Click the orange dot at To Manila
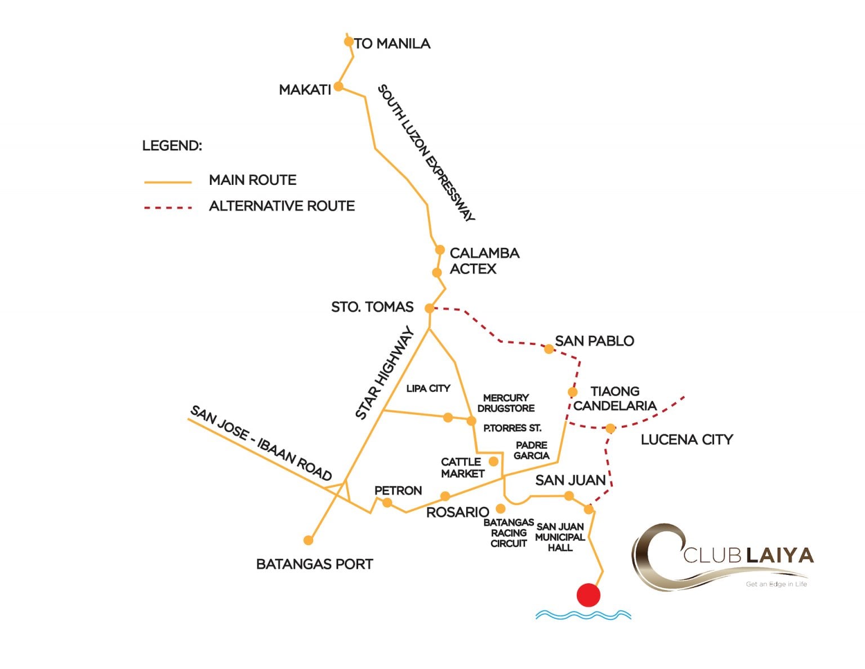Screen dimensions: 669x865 click(349, 41)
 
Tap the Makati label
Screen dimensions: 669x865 click(305, 90)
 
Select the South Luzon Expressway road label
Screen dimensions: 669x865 click(426, 153)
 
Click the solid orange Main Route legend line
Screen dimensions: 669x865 click(168, 182)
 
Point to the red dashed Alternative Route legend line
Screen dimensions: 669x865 click(168, 207)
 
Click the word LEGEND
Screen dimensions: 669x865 click(172, 146)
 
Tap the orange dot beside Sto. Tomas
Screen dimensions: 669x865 click(429, 308)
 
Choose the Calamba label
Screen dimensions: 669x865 click(484, 253)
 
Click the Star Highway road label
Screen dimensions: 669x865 click(385, 373)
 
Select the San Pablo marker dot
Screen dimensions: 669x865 click(549, 349)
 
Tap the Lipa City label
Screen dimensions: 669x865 click(428, 388)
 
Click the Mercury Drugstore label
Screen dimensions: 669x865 click(506, 403)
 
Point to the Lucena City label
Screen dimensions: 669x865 click(686, 440)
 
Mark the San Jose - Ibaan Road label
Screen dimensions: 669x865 click(261, 443)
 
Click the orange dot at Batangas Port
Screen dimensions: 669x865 click(308, 540)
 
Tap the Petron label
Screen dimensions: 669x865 click(398, 490)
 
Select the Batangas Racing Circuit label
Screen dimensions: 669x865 click(509, 533)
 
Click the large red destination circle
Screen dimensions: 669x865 click(588, 595)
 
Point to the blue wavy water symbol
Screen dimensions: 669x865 click(583, 615)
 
